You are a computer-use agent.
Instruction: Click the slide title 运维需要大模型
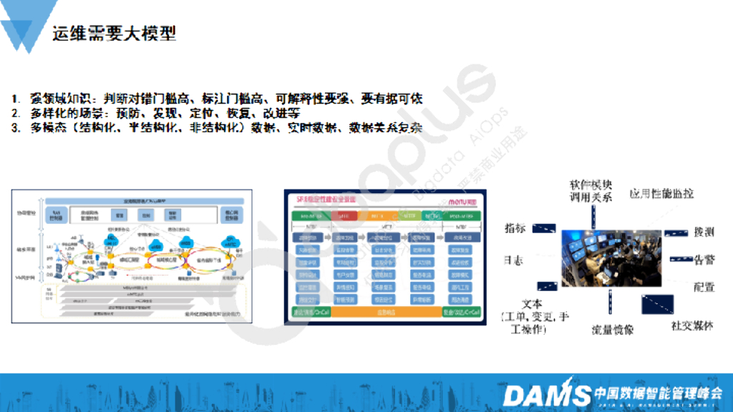pos(114,33)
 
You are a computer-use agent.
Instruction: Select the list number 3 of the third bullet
pos(15,128)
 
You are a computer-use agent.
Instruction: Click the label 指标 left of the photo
pos(515,229)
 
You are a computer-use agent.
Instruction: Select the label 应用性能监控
pos(661,194)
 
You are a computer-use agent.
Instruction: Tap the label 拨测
pos(704,232)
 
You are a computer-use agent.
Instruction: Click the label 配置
pos(704,286)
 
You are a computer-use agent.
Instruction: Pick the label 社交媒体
pos(692,325)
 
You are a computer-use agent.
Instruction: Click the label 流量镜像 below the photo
pos(611,330)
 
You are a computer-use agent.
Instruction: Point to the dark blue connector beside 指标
pos(545,228)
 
